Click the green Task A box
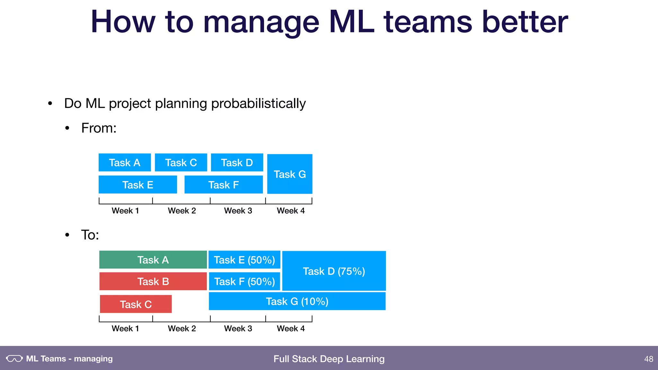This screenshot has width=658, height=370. [x=153, y=260]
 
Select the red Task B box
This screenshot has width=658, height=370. [x=153, y=281]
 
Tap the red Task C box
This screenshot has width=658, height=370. [x=136, y=304]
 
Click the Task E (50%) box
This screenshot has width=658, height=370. [x=244, y=260]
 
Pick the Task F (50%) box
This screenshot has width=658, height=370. [x=244, y=281]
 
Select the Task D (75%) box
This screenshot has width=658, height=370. [x=334, y=271]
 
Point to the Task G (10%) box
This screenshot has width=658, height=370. [x=297, y=301]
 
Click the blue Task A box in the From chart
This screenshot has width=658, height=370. [x=125, y=163]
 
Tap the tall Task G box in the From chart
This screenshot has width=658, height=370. [x=289, y=174]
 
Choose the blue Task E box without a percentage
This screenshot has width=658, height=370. [x=138, y=185]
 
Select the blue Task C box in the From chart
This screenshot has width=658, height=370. [x=181, y=163]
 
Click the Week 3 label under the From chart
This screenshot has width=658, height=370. [x=238, y=211]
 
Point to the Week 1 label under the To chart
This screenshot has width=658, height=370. [x=125, y=329]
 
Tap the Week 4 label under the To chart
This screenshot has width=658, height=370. [x=291, y=329]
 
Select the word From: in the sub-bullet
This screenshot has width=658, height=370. [x=99, y=128]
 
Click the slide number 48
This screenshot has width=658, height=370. [x=648, y=359]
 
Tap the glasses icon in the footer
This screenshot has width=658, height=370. [x=14, y=358]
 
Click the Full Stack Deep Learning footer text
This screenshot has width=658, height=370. [x=329, y=359]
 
